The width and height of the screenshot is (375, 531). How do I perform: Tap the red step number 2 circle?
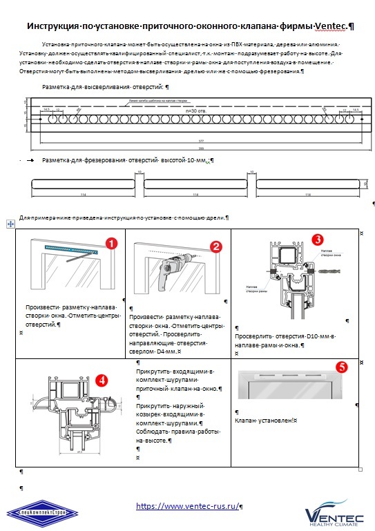point(216,246)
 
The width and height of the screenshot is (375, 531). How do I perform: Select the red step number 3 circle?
point(317,239)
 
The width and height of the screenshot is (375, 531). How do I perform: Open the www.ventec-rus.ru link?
point(187,506)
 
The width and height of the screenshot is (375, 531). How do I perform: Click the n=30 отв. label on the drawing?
point(197,110)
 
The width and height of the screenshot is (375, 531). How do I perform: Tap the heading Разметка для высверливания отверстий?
point(105,88)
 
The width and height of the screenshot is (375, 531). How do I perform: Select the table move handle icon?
point(10,224)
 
